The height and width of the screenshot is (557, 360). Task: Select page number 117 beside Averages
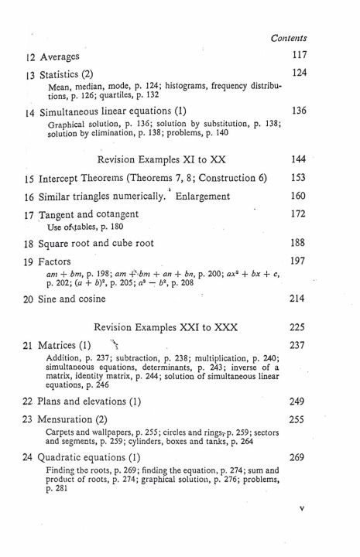[298, 56]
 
